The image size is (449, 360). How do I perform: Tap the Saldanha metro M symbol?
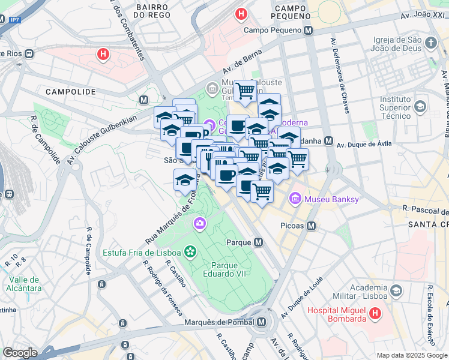point(328,141)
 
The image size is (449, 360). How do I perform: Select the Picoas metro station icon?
point(311,226)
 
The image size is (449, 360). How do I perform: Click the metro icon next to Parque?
point(258,242)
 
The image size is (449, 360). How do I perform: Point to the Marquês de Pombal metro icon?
point(261,323)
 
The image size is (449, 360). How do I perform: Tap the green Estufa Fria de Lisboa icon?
point(190,251)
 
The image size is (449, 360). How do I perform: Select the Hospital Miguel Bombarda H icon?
point(375,313)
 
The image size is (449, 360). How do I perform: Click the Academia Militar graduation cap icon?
point(396,291)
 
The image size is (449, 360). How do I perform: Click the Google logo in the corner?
point(20,353)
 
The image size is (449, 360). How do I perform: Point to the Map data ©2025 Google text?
point(412,355)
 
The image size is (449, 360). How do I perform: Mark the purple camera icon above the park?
point(199,224)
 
